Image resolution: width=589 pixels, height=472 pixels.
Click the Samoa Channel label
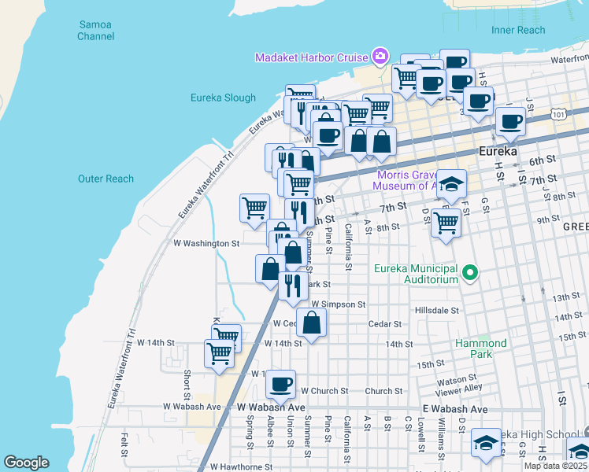(95, 30)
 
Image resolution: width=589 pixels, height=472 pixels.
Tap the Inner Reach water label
(517, 30)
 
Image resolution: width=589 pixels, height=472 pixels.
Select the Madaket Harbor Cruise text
(311, 57)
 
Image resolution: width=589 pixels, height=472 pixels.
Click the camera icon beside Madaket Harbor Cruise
(380, 56)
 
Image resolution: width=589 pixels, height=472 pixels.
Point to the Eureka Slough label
(223, 98)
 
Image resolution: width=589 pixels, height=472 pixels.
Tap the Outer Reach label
(106, 179)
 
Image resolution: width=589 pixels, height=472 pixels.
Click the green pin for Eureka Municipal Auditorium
(471, 274)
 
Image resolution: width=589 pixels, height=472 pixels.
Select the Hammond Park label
(480, 348)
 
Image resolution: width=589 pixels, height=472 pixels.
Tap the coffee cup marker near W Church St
(280, 385)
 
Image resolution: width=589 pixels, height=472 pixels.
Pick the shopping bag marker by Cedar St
(313, 322)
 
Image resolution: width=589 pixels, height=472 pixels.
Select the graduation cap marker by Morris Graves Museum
(451, 185)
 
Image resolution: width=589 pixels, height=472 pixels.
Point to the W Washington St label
(206, 244)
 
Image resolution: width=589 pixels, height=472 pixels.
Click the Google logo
(26, 463)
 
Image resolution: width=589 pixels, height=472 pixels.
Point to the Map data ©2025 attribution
(556, 466)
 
